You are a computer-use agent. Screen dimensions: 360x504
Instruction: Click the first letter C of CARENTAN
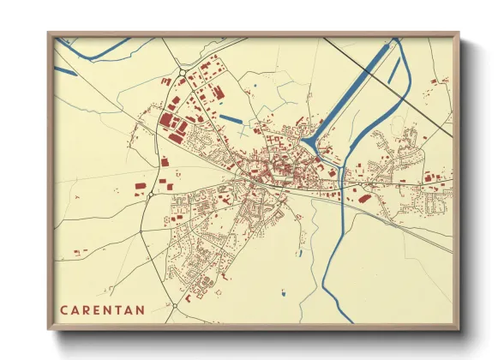click(64, 309)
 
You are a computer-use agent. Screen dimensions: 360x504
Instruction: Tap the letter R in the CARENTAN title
click(90, 309)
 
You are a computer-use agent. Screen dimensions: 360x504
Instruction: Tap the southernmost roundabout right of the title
click(174, 304)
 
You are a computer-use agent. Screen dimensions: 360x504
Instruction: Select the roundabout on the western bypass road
click(150, 195)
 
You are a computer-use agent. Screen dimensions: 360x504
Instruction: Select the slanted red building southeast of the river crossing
click(364, 198)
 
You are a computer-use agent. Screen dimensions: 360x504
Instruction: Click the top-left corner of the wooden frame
click(50, 34)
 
